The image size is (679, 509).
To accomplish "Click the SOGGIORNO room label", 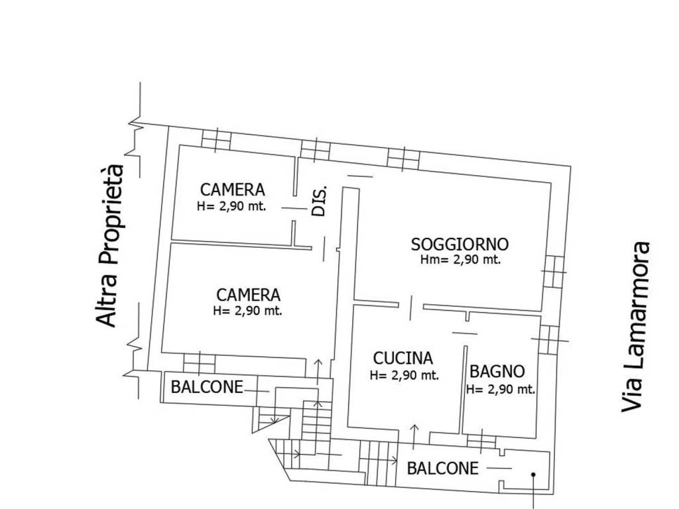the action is [460, 245].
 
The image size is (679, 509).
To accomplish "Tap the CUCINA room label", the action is [403, 359].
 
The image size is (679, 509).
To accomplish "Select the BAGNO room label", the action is [497, 371].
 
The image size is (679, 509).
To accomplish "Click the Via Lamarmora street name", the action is [636, 327].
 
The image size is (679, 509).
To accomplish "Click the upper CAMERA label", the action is [233, 190].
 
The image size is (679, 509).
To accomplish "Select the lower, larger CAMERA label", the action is [248, 295].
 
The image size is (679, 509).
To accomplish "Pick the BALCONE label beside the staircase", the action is [207, 387].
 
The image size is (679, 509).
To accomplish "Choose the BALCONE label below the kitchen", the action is [443, 468].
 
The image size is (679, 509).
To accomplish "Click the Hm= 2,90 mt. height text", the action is [461, 260].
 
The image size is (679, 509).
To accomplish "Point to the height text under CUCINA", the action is [404, 375].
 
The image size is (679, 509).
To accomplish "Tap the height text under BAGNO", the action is [501, 389].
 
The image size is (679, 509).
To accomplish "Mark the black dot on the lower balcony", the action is [534, 475].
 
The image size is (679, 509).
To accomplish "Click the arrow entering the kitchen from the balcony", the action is [414, 436].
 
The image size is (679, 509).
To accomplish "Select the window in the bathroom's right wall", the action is [548, 340].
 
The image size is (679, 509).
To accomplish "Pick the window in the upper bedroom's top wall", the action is [217, 140].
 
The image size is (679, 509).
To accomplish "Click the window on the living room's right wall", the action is [554, 271].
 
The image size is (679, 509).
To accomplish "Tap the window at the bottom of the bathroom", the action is [481, 442].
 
